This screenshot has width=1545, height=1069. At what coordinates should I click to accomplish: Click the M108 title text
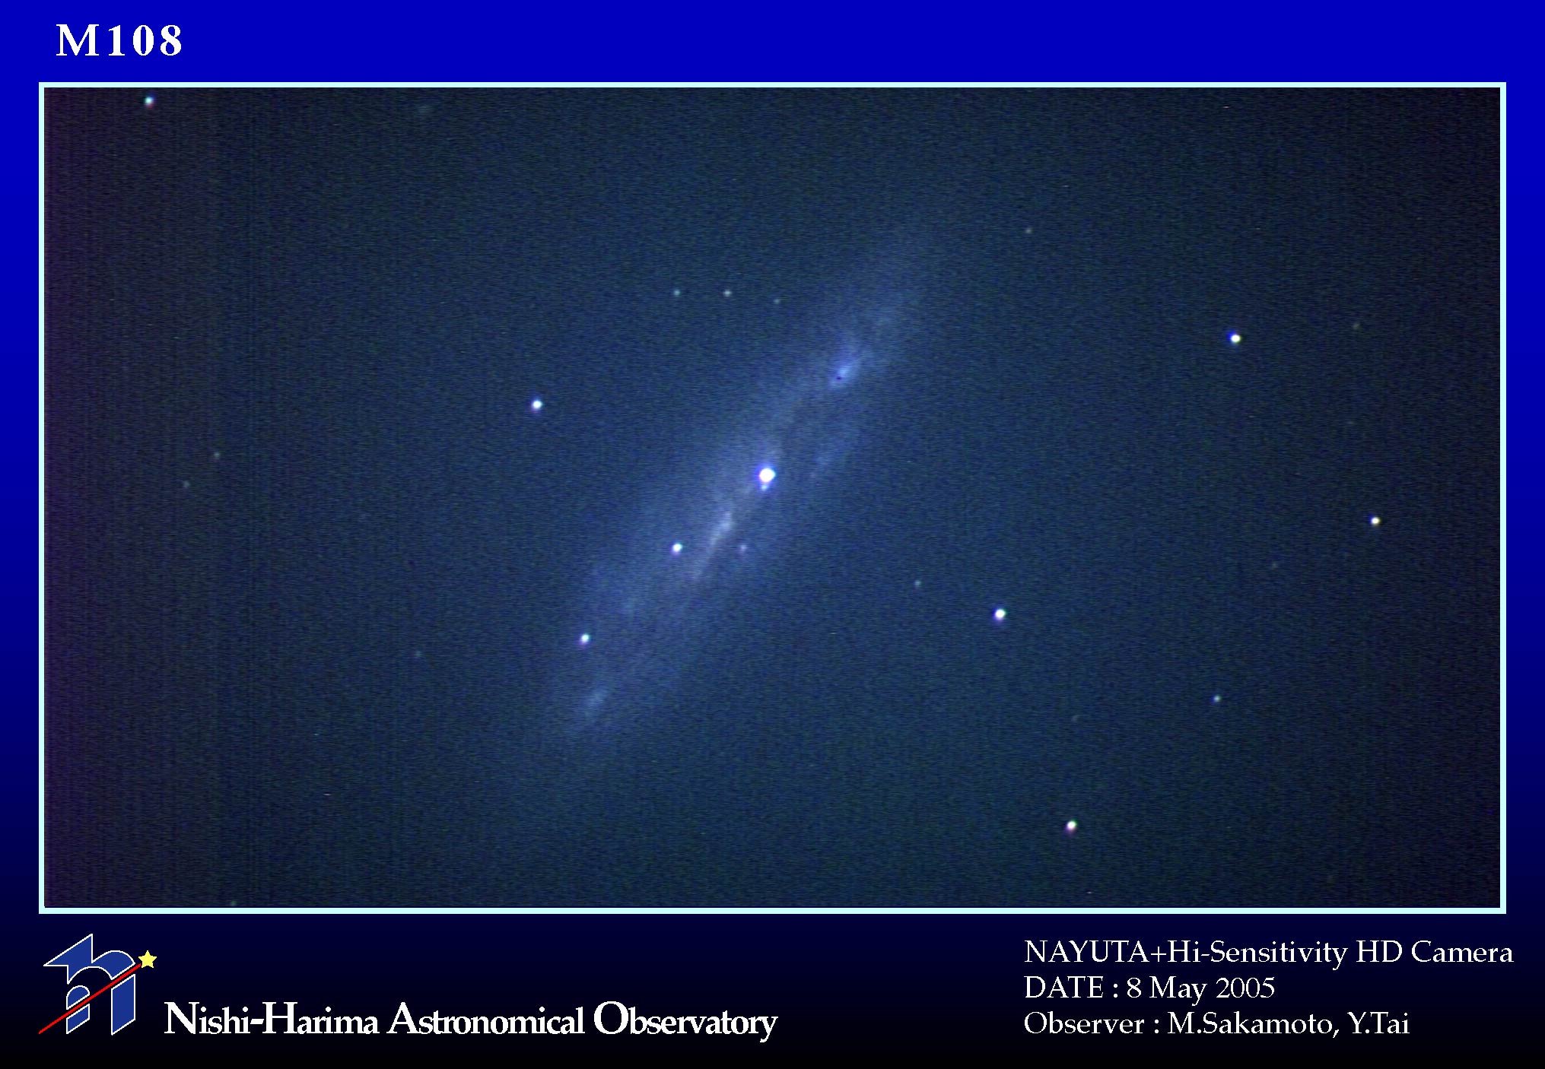119,41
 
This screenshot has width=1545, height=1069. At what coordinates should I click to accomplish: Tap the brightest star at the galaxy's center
767,475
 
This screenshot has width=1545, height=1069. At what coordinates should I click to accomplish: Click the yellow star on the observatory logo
148,960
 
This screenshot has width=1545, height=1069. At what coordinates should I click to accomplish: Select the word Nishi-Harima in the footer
271,1020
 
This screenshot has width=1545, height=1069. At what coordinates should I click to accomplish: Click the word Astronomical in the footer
486,1020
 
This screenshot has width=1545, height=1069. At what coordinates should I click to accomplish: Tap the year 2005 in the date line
1245,988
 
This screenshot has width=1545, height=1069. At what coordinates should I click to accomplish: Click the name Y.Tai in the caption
1378,1024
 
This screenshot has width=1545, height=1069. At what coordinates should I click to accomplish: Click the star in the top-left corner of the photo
149,100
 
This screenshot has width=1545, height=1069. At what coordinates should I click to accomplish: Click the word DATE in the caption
1063,988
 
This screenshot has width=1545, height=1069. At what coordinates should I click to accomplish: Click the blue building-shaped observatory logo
90,985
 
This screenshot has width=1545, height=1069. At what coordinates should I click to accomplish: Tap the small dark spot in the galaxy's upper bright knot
839,376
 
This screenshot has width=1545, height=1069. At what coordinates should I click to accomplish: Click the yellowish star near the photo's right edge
1375,522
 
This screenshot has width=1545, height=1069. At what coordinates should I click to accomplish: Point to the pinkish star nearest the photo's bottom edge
1071,826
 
